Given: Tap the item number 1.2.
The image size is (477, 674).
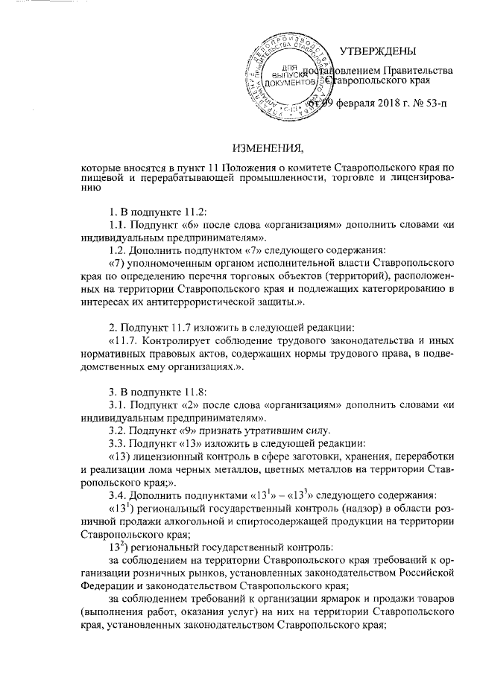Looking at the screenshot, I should [x=118, y=249].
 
